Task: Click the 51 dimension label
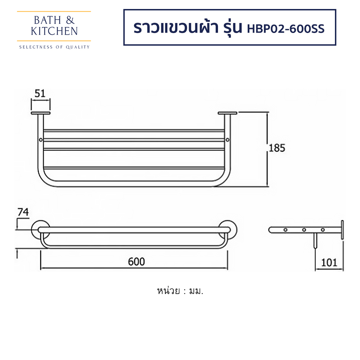pyautogui.click(x=40, y=93)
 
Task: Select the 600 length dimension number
pyautogui.click(x=136, y=262)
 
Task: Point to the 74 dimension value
pyautogui.click(x=23, y=212)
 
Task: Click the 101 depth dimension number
pyautogui.click(x=329, y=263)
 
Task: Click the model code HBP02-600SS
pyautogui.click(x=286, y=28)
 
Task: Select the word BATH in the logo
pyautogui.click(x=44, y=20)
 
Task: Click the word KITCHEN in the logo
pyautogui.click(x=54, y=31)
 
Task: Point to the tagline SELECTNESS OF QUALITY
pyautogui.click(x=54, y=47)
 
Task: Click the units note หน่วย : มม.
pyautogui.click(x=180, y=291)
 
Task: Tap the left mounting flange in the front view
pyautogui.click(x=40, y=113)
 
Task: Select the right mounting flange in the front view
pyautogui.click(x=227, y=113)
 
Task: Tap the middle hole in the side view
pyautogui.click(x=304, y=230)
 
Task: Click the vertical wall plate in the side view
pyautogui.click(x=342, y=230)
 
